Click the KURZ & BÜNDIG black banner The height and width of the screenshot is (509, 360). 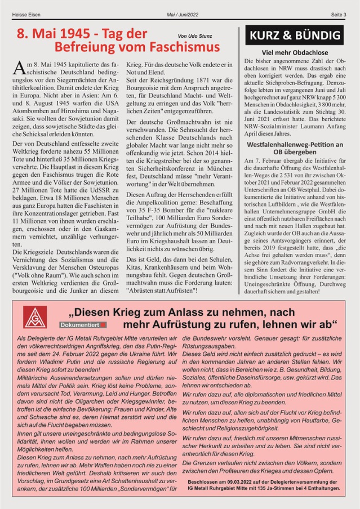click(x=294, y=35)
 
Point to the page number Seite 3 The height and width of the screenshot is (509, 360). click(x=337, y=14)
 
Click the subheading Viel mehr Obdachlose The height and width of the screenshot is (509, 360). click(x=295, y=52)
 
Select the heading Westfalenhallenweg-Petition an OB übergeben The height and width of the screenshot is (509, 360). click(x=295, y=148)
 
